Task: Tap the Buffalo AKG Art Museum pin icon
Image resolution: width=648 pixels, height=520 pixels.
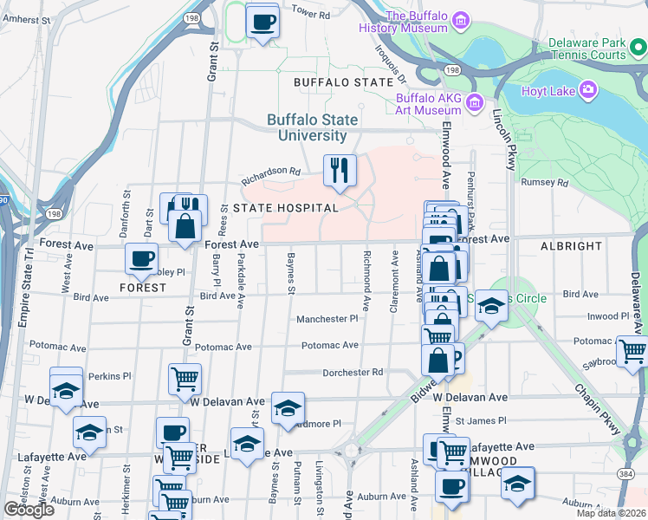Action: tap(474, 104)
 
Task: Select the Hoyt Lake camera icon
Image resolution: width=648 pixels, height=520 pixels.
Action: tap(588, 89)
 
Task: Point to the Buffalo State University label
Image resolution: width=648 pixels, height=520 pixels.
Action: tap(307, 128)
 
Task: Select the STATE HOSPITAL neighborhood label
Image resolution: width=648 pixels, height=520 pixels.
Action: tap(285, 208)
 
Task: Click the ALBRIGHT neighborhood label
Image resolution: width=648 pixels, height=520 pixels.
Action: tap(571, 246)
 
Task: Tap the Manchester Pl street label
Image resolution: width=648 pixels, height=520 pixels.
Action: tap(327, 319)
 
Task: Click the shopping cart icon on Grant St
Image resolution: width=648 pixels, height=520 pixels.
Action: tap(185, 378)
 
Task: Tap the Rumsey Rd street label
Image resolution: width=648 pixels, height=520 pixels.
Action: tap(543, 182)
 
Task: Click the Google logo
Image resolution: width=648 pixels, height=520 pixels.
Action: tap(29, 510)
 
